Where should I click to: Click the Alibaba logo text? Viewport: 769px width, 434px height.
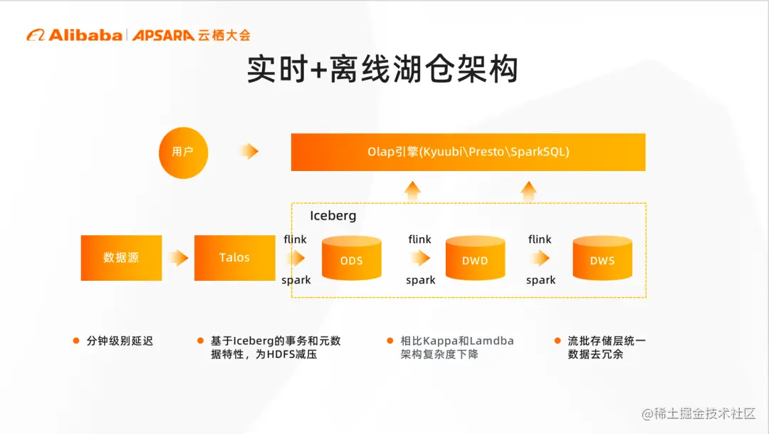point(85,36)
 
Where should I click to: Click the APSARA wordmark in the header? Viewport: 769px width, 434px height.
point(163,36)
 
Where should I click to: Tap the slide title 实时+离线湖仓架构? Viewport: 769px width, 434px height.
point(382,68)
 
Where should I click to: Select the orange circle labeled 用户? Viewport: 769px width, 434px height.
point(184,153)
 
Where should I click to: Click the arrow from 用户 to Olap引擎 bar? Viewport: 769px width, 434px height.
point(249,151)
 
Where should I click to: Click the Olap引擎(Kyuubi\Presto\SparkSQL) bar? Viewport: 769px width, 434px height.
point(469,153)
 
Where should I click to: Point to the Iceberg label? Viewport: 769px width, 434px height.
point(333,215)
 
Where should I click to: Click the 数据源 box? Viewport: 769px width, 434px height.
point(121,258)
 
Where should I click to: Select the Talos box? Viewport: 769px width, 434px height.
point(234,258)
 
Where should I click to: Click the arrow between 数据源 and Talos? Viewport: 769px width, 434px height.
point(179,258)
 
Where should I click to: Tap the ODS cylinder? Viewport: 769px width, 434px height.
point(352,258)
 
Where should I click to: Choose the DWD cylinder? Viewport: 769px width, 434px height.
point(475,258)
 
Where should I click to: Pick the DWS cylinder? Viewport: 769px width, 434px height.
point(602,258)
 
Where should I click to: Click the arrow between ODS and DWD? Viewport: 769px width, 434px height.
point(420,258)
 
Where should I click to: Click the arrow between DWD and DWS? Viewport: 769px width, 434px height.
point(540,258)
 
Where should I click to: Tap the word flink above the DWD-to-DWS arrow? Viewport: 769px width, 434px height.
point(540,239)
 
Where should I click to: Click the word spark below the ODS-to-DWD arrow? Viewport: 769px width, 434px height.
point(420,280)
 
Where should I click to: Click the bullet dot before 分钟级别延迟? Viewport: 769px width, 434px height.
point(76,341)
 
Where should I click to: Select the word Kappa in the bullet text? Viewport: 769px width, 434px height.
point(439,341)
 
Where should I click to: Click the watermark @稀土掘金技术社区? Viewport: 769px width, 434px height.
point(699,414)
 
